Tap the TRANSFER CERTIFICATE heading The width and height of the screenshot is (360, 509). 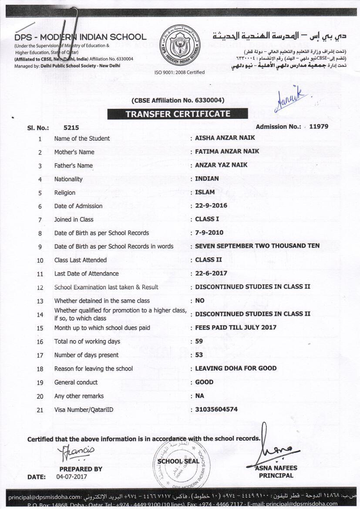(178, 114)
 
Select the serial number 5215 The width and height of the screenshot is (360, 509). (71, 128)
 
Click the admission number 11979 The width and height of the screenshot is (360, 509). (318, 127)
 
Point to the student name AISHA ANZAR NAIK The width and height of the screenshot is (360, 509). (225, 138)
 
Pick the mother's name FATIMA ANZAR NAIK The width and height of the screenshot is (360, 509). (227, 151)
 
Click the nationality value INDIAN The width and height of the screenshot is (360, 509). (207, 179)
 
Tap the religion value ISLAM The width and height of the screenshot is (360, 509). (205, 192)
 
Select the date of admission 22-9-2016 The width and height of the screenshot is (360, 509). (211, 206)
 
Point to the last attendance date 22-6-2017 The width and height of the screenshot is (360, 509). (211, 273)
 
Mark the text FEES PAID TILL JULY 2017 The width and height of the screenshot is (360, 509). (236, 327)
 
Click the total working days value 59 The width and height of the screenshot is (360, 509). (199, 341)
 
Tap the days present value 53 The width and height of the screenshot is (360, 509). (199, 355)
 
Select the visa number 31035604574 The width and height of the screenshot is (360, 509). (216, 409)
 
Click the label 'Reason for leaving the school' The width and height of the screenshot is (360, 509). (93, 369)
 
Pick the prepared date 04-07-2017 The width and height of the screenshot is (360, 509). (72, 476)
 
